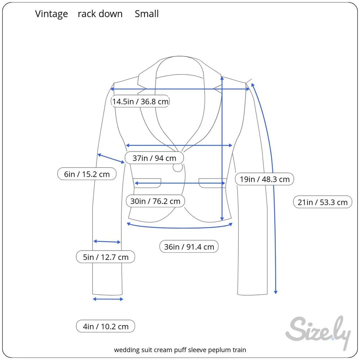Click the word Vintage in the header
(x=51, y=14)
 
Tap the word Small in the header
(x=147, y=14)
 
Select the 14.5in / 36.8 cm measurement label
(x=140, y=102)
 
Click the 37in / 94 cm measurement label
(x=154, y=158)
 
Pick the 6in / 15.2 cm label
(x=87, y=174)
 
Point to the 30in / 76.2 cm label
(x=155, y=201)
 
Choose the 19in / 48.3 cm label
(x=264, y=179)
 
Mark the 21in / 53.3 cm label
(x=323, y=202)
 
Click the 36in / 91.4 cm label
(x=189, y=247)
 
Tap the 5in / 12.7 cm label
(x=105, y=257)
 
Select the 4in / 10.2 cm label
(x=105, y=327)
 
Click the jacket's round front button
(x=178, y=167)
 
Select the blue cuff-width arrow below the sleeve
(x=108, y=299)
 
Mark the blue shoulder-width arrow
(x=180, y=89)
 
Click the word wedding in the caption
(x=126, y=350)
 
